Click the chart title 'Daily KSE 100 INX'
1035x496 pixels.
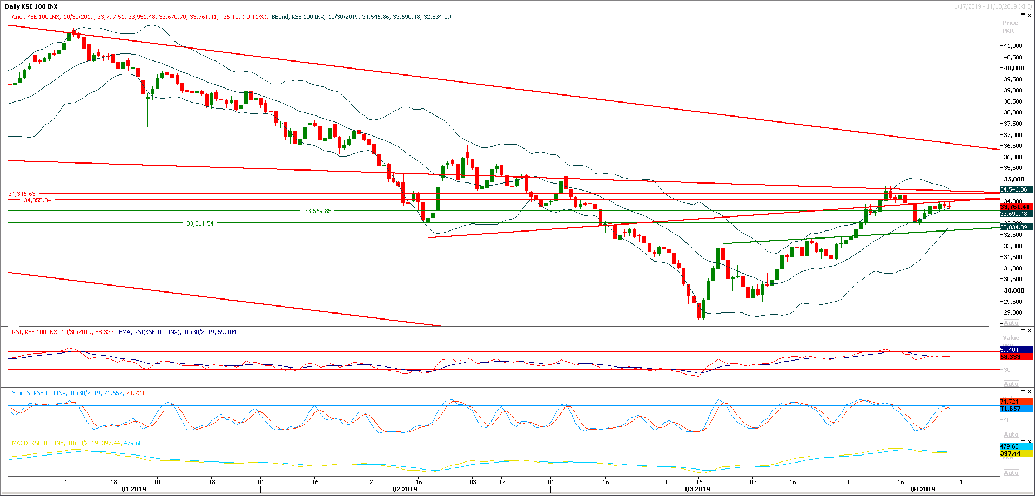pos(31,6)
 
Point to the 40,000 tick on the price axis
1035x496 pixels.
pos(1014,68)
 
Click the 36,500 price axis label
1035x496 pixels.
pos(1013,146)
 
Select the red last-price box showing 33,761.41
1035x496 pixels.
pos(1016,207)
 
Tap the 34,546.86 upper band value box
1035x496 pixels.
pos(1016,189)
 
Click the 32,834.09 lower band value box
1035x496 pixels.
pos(1016,227)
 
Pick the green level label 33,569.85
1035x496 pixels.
pos(318,211)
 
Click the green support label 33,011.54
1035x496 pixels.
pos(200,223)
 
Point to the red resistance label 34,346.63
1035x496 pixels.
pos(22,194)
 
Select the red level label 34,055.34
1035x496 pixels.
pos(37,200)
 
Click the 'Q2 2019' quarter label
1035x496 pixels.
pos(405,489)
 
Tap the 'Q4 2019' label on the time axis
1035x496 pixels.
pos(923,489)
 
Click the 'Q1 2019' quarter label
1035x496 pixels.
pos(133,489)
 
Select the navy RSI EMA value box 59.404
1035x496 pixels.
pos(1016,350)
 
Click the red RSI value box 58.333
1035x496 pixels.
pos(1016,357)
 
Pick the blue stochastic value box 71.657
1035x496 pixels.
pos(1016,409)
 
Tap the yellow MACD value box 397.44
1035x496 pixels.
pos(1016,453)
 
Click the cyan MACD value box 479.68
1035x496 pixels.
pos(1016,446)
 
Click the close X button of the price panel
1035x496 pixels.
pos(1030,16)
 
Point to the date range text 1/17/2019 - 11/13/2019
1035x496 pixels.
pos(993,6)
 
